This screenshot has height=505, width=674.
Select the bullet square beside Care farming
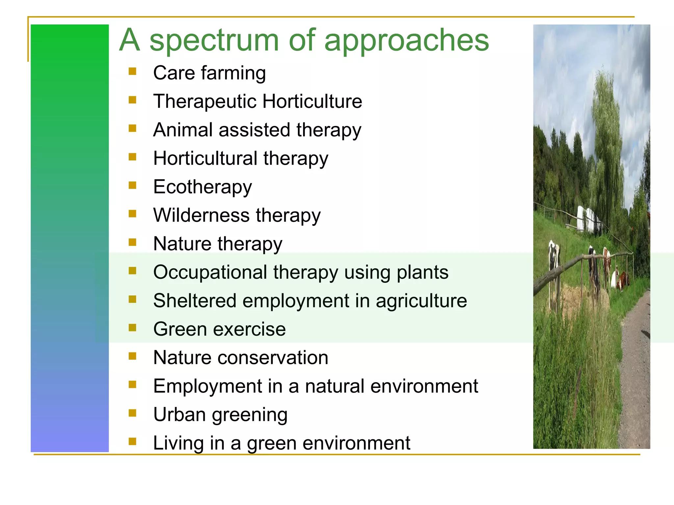[x=132, y=71]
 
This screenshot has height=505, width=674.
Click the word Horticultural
[x=205, y=158]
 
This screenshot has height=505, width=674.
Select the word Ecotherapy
[x=202, y=187]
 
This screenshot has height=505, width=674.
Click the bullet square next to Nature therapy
[x=132, y=242]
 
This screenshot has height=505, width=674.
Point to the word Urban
[x=179, y=415]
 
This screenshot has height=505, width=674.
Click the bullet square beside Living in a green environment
[x=132, y=442]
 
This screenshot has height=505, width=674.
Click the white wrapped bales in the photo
[x=589, y=219]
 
